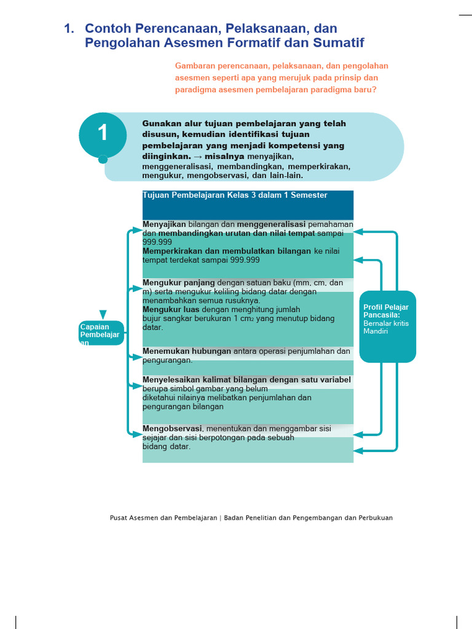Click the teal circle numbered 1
pos(103,133)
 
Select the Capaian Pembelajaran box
pos(102,334)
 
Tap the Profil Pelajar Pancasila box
pos(387,326)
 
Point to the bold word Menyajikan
pos(164,224)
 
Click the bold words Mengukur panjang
pos(179,283)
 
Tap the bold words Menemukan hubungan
pos(187,351)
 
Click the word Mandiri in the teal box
pos(376,332)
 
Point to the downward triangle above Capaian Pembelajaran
pos(103,314)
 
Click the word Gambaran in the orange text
pos(195,66)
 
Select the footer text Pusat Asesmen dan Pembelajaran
pos(163,518)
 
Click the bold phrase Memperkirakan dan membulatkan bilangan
pos(227,251)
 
